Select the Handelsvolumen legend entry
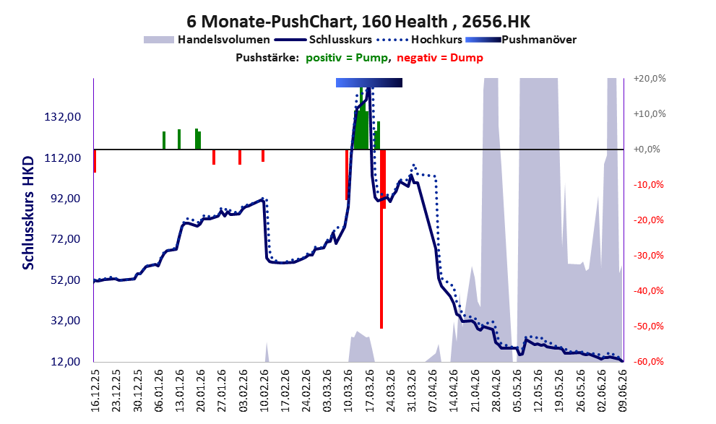(x=207, y=40)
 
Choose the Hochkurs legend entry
(x=419, y=40)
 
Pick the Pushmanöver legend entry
(x=521, y=40)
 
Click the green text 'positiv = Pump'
(x=348, y=58)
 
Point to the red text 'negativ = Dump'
(x=440, y=58)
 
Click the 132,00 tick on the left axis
(x=63, y=117)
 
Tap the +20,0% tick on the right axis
(x=650, y=79)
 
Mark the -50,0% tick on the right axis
(x=648, y=326)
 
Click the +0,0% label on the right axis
(x=647, y=150)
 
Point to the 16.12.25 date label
(x=95, y=390)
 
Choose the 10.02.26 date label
(x=264, y=390)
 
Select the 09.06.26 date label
(x=623, y=390)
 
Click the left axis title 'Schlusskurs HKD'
(x=28, y=212)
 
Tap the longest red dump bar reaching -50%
(x=381, y=238)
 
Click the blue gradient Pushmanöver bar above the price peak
(x=369, y=82)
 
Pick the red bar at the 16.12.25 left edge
(x=95, y=160)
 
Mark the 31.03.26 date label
(x=411, y=390)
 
